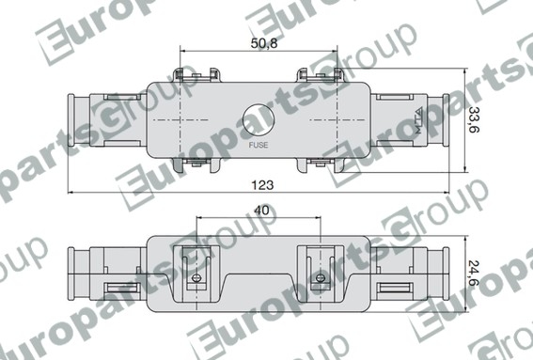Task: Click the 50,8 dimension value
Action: (264, 43)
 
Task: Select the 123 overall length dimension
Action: (262, 185)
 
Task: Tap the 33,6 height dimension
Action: (474, 119)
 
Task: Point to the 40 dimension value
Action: (261, 211)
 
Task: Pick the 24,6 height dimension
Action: (474, 273)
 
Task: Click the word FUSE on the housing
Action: (259, 145)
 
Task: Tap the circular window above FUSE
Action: (259, 120)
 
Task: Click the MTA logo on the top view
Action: (418, 120)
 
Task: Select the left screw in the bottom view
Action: (196, 278)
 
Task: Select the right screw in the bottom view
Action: (321, 278)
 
